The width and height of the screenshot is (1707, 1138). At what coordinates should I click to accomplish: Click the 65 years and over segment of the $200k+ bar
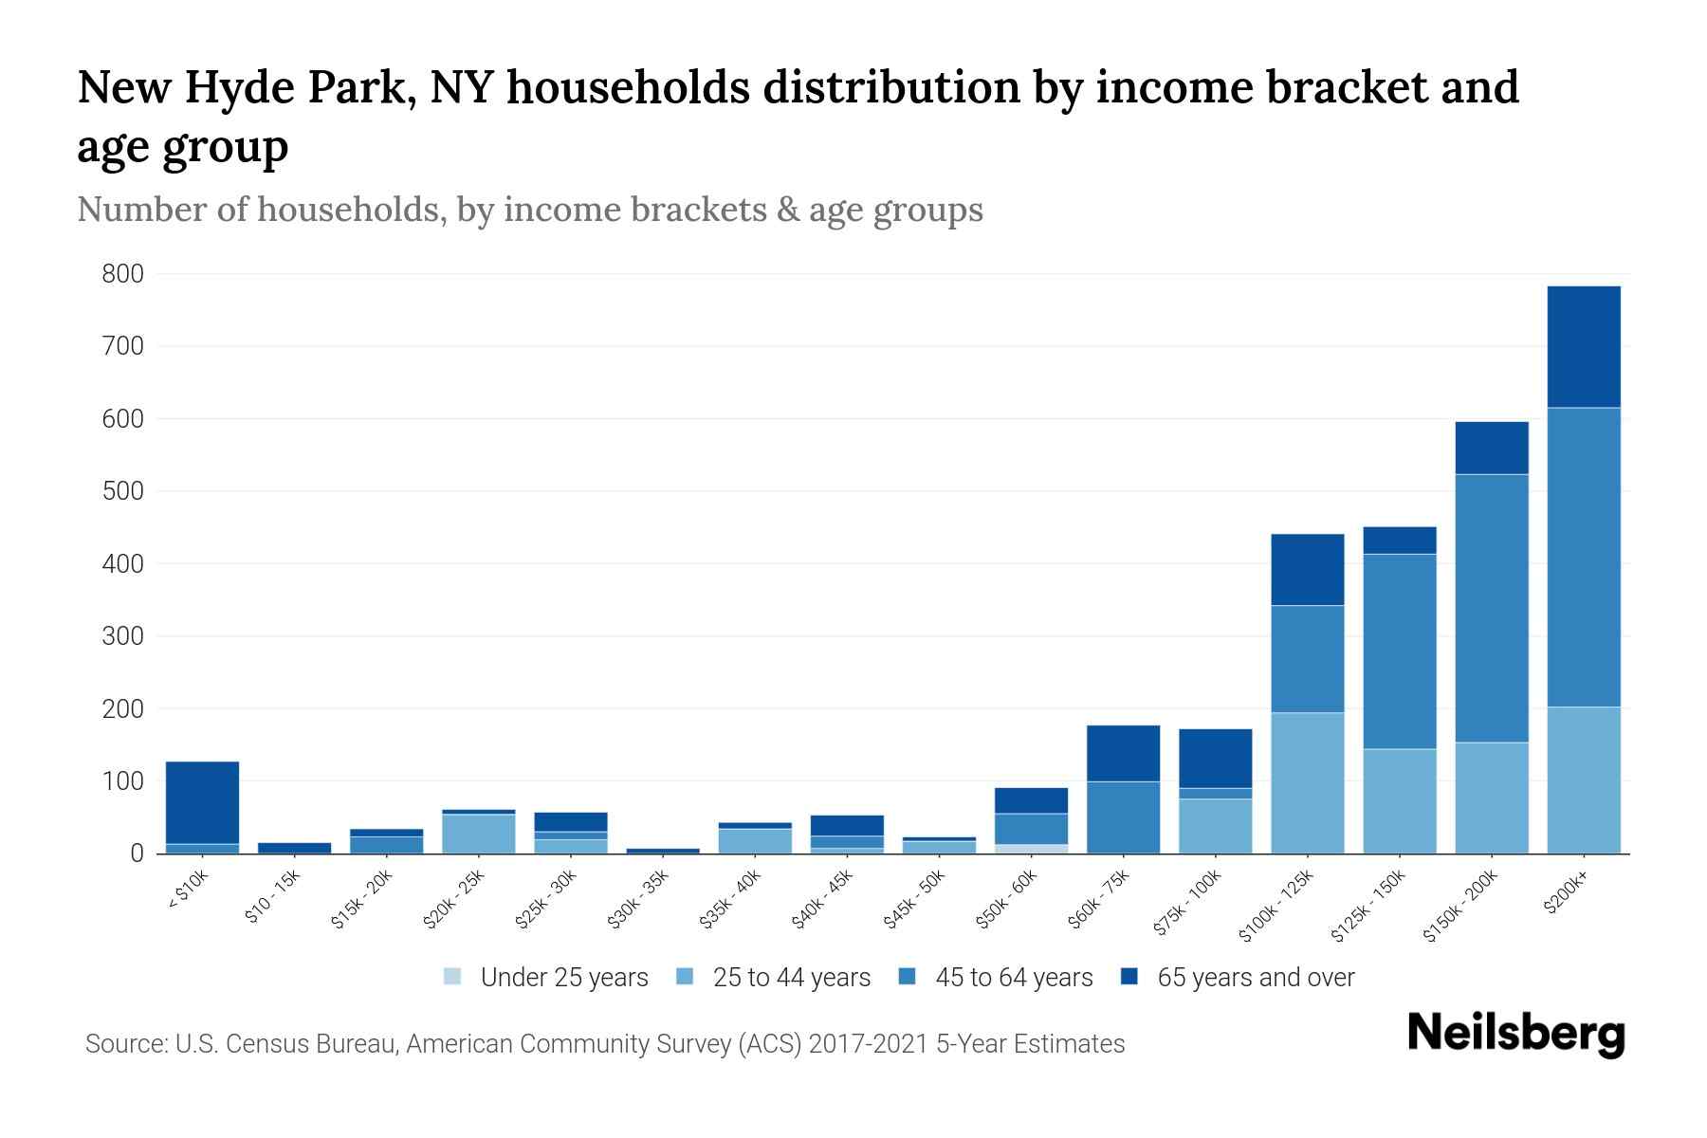pos(1583,346)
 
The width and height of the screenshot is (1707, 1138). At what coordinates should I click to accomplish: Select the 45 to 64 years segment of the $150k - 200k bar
pos(1491,607)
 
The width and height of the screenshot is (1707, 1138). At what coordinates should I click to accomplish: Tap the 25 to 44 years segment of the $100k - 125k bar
pos(1307,782)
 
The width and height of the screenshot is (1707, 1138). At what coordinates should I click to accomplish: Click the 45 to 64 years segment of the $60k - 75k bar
pos(1123,817)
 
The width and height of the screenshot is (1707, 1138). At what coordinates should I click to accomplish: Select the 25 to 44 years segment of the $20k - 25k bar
pos(478,834)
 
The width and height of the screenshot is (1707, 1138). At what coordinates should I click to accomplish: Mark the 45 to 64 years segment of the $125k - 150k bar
pos(1399,651)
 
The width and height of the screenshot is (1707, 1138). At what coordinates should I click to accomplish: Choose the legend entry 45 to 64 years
pos(995,978)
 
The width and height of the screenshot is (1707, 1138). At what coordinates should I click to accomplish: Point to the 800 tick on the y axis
pos(123,275)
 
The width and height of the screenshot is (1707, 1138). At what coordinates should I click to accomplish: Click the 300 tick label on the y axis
pos(123,636)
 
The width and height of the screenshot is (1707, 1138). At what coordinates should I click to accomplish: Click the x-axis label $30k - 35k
pos(638,900)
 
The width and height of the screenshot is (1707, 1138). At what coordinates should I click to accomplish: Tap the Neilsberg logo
pos(1515,1034)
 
